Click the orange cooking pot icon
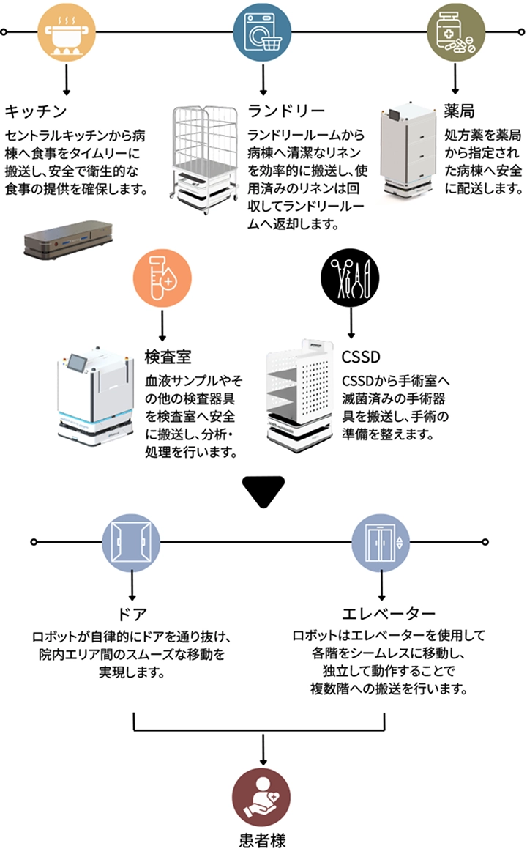(67, 33)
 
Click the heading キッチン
(37, 111)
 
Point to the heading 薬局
(460, 111)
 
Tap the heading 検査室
(168, 357)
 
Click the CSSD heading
(362, 357)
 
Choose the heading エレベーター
(389, 612)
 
